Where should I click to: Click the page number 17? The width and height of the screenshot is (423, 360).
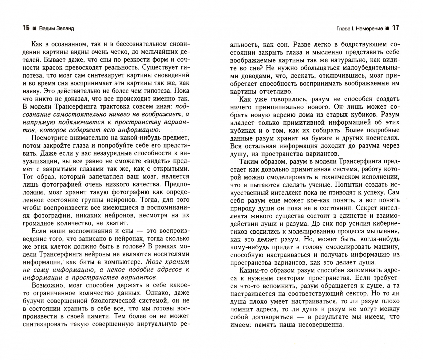pyautogui.click(x=395, y=28)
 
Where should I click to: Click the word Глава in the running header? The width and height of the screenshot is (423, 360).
pyautogui.click(x=343, y=29)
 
